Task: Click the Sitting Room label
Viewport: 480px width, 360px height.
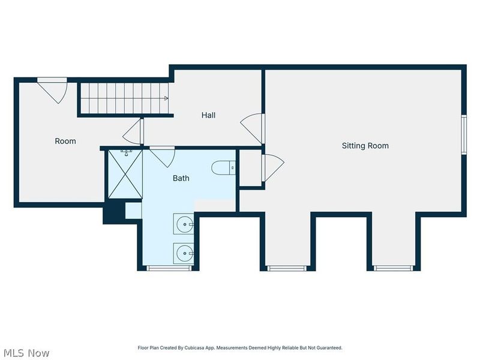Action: [x=365, y=146]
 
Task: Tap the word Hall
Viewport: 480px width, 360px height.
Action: [x=208, y=115]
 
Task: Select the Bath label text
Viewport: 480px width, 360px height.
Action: [x=181, y=178]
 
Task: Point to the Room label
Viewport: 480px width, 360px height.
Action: [x=65, y=141]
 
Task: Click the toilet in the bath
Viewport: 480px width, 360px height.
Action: [x=223, y=168]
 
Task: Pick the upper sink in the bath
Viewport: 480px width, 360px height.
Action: [x=184, y=224]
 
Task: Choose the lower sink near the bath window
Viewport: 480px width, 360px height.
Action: [x=184, y=253]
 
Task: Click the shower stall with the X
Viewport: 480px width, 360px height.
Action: [x=125, y=174]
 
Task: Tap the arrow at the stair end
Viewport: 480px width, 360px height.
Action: [x=166, y=98]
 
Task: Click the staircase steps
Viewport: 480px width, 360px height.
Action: [x=124, y=98]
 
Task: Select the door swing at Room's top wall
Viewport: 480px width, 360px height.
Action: [x=52, y=91]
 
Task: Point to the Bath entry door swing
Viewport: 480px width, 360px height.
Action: [x=162, y=157]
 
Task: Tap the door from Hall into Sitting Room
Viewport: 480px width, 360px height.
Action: [x=253, y=128]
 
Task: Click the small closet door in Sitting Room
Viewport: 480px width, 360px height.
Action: [x=273, y=167]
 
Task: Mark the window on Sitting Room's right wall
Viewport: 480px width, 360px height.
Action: [x=464, y=134]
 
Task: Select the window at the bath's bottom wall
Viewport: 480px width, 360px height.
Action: [x=169, y=268]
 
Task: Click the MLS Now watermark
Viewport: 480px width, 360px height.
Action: [x=25, y=353]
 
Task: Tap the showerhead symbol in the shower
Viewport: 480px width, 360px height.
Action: [x=126, y=152]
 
